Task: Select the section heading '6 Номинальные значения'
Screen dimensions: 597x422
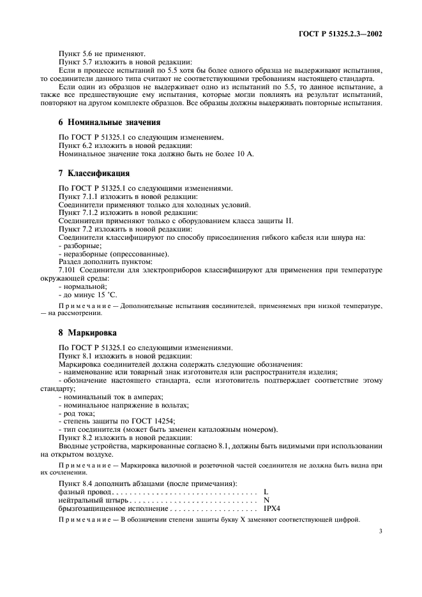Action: [100, 122]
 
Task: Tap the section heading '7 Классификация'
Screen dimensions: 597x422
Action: [85, 173]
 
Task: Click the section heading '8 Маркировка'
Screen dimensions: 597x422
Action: [77, 332]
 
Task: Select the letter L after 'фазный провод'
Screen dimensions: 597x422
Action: [265, 492]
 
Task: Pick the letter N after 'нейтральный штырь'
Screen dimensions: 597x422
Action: [266, 500]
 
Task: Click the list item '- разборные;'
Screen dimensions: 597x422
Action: [79, 246]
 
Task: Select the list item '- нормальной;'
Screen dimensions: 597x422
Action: [82, 287]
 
